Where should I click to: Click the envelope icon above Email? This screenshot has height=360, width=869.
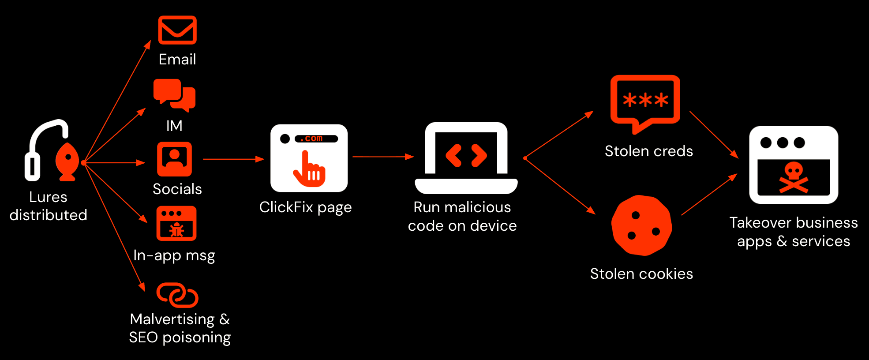point(177,30)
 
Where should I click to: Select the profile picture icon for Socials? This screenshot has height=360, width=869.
point(175,159)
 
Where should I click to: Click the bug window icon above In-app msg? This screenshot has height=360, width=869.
point(176,223)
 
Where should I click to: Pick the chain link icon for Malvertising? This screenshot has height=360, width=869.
point(177,295)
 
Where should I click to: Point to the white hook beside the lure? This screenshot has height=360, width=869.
point(46,150)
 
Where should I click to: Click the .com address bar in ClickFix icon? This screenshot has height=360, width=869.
point(316,139)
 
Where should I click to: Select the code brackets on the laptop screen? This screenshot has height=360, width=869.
point(466,155)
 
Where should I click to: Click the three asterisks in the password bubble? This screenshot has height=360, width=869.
point(645,100)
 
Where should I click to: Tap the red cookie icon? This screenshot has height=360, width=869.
point(642,225)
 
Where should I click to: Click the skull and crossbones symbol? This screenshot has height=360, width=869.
point(794,177)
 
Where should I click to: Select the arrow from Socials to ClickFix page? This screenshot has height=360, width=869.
point(234,159)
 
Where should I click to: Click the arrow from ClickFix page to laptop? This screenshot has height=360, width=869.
point(383,157)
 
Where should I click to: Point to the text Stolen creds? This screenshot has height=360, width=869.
point(649,151)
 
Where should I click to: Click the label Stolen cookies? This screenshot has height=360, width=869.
point(642,274)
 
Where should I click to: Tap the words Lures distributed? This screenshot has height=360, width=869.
point(49,206)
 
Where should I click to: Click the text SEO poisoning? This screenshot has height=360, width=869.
point(180,338)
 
